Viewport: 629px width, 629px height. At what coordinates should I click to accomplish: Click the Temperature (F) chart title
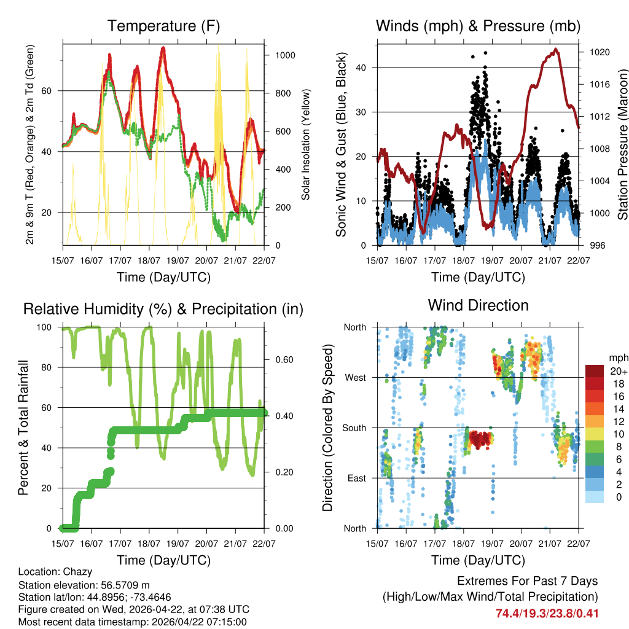[x=163, y=26]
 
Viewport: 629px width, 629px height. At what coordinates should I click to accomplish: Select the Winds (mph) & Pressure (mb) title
[x=478, y=26]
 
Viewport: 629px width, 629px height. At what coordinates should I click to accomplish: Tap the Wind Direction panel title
[x=478, y=305]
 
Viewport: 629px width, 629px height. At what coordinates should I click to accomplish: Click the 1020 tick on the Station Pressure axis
[x=599, y=52]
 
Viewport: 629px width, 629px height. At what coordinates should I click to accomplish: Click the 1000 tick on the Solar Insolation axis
[x=284, y=55]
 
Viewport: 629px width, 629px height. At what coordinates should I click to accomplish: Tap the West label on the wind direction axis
[x=355, y=378]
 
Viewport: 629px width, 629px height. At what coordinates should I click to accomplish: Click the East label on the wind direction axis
[x=356, y=479]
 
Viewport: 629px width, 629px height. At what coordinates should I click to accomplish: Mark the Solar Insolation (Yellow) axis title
[x=306, y=144]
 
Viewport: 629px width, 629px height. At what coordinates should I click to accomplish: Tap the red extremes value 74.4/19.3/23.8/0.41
[x=547, y=613]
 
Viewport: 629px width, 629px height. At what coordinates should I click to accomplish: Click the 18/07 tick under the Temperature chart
[x=149, y=260]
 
